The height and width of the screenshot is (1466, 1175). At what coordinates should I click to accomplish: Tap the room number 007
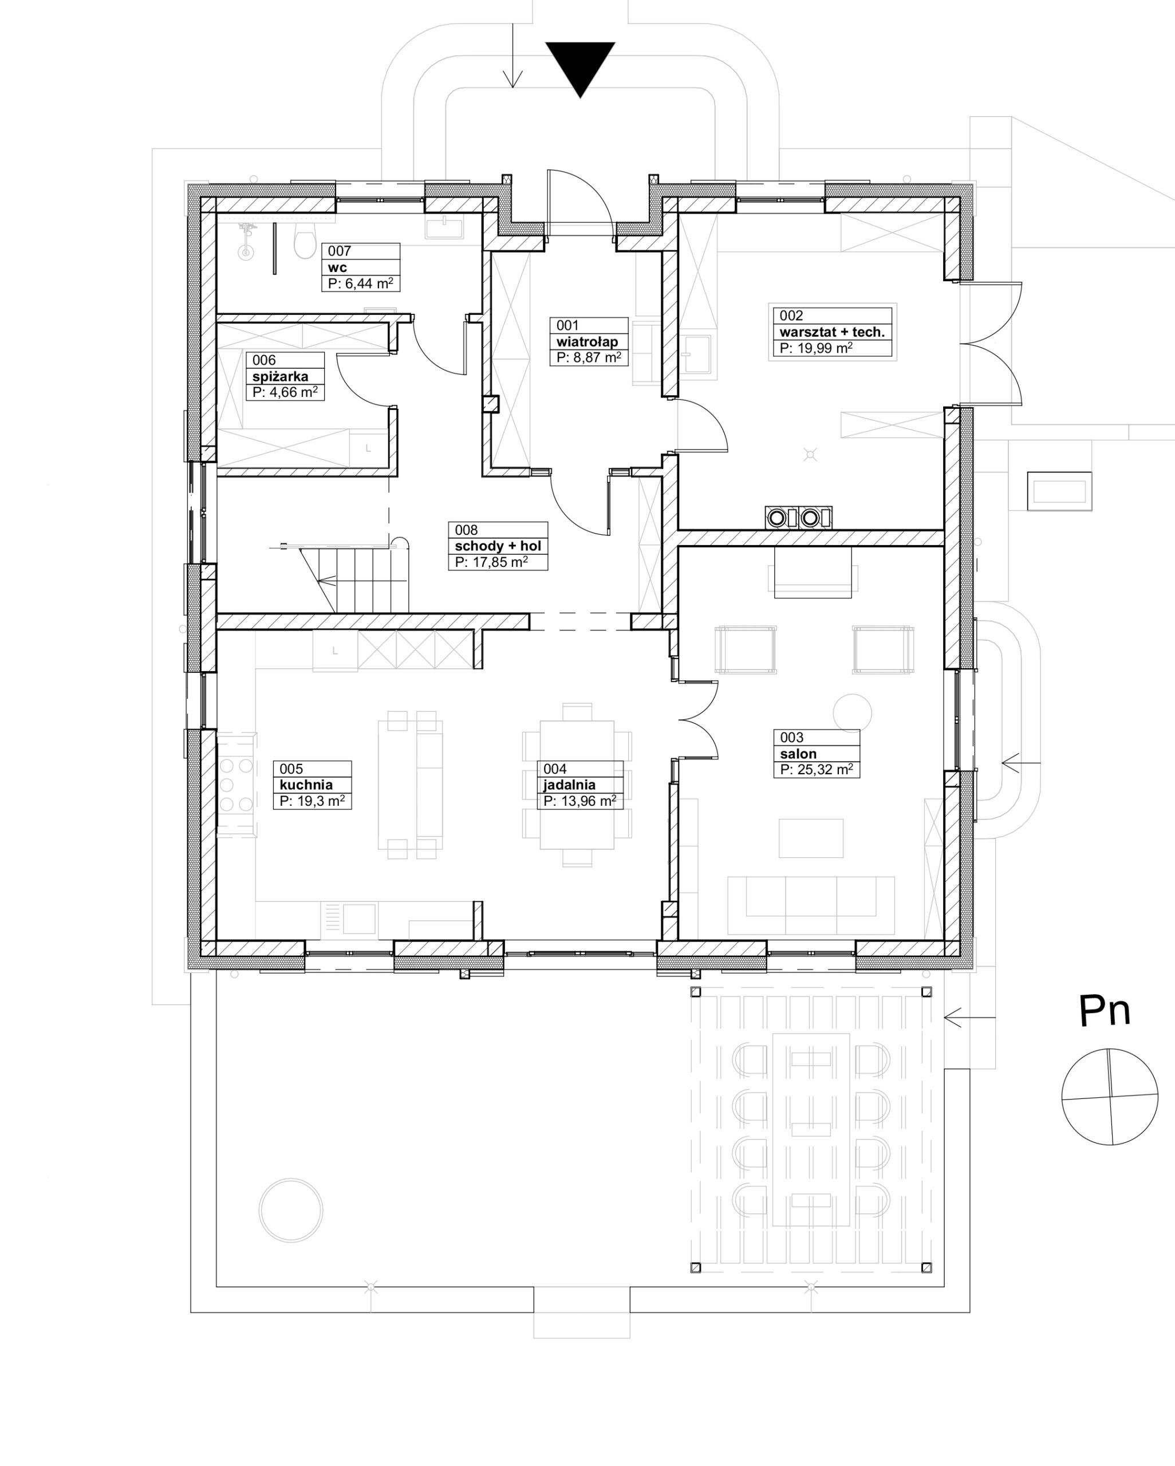[x=340, y=251]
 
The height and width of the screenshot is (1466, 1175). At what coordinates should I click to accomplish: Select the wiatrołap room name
[x=587, y=341]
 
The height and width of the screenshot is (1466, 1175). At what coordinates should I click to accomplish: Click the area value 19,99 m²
[x=816, y=348]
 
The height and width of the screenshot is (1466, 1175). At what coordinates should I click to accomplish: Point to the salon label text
[x=798, y=754]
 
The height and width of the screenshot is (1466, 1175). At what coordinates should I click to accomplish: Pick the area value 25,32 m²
[x=816, y=770]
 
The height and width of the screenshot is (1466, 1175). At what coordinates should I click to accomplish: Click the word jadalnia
[x=569, y=785]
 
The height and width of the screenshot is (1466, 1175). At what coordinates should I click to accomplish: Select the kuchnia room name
[x=306, y=785]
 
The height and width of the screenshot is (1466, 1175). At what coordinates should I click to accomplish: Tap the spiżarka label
[x=280, y=377]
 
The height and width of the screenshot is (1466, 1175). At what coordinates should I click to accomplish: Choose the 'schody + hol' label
[x=498, y=546]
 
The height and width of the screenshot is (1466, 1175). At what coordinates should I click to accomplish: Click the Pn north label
[x=1105, y=1011]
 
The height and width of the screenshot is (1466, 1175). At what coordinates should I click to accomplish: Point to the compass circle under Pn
[x=1110, y=1097]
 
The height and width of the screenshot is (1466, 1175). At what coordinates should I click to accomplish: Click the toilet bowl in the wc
[x=304, y=243]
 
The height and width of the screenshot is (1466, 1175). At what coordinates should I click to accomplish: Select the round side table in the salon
[x=852, y=714]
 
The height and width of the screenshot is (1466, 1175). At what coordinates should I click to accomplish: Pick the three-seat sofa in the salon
[x=811, y=905]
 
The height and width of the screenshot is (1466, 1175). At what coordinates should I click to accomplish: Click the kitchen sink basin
[x=360, y=919]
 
